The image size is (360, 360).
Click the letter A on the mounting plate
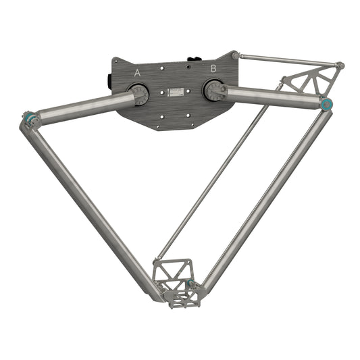coord(138,72)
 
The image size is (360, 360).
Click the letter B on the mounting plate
coord(213,68)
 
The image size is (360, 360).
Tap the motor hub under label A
coord(140,95)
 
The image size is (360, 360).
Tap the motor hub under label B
coord(215,91)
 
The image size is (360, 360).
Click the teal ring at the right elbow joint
coord(328,104)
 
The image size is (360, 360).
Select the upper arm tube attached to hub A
coord(84,106)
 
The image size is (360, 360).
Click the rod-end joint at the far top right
coord(340,66)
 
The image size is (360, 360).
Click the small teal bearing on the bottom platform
coord(190,282)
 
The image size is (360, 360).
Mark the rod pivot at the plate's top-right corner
coord(235,54)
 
